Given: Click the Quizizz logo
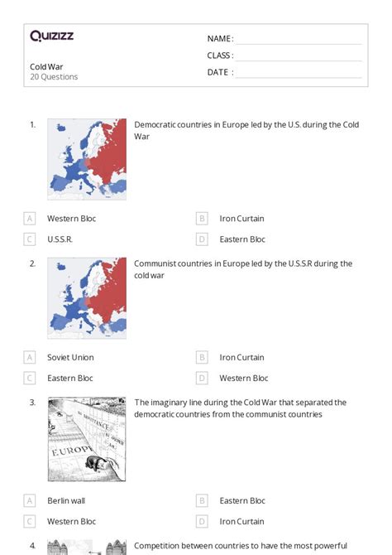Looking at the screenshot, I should pos(51,36).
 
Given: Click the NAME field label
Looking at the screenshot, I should pos(220,39).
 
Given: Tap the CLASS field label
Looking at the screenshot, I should pos(220,55).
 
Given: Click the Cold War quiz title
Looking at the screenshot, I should pos(46,66).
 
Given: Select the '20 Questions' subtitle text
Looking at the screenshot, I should pos(54,77).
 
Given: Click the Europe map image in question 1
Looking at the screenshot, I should pos(87,159).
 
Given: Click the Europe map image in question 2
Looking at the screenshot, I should pos(87,298).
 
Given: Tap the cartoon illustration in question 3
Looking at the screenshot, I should pos(87,439).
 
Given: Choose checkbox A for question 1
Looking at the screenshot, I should pos(30,219).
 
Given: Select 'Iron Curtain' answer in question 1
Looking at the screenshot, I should pos(241,219).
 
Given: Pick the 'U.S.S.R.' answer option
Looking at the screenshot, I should pos(60,239).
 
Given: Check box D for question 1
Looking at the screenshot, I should pos(202,239).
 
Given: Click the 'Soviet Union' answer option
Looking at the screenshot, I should pos(70,358).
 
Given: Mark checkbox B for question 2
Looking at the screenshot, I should pos(202,358).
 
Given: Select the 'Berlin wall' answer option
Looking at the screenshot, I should pos(66,501).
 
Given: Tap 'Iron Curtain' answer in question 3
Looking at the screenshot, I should pos(241,522).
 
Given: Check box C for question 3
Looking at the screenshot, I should pos(30,522).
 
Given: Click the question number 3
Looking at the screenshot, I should pos(32,403).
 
